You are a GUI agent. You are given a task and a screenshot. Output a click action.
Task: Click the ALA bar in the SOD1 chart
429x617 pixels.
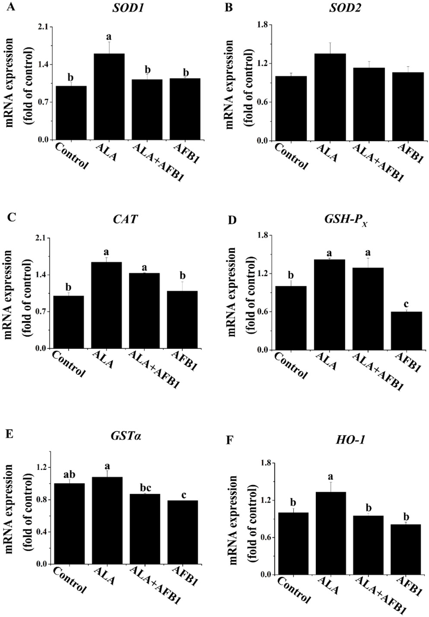[109, 97]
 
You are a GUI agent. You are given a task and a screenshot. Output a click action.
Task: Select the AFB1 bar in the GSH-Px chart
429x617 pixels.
[406, 331]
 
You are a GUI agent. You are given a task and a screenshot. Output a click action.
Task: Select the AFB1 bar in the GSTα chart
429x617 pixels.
[182, 532]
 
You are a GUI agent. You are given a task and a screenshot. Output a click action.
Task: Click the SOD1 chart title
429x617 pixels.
[128, 8]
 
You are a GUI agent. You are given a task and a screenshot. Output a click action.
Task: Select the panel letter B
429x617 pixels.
[229, 8]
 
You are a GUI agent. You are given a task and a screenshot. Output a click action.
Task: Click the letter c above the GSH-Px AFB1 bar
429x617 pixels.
[406, 303]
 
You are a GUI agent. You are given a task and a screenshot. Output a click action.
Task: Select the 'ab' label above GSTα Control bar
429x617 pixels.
[69, 474]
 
